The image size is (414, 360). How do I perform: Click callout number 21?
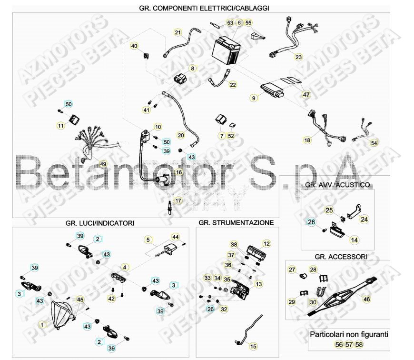(x=178, y=33)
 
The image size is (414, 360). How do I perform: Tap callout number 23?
(x=298, y=57)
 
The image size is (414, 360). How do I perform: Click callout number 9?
(x=254, y=98)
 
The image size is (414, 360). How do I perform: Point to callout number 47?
(x=306, y=95)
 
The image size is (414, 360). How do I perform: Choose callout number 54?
(x=374, y=143)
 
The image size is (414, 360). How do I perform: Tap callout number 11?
(x=60, y=126)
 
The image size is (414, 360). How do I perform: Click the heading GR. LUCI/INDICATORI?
(x=100, y=222)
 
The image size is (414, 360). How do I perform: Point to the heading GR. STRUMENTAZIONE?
(x=236, y=222)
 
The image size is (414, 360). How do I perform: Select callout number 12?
(x=266, y=244)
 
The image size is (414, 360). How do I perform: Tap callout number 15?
(x=253, y=346)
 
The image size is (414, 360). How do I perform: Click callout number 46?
(x=366, y=299)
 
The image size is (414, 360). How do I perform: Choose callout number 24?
(x=364, y=220)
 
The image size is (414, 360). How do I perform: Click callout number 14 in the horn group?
(x=354, y=240)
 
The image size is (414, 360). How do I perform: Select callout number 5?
(x=148, y=240)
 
